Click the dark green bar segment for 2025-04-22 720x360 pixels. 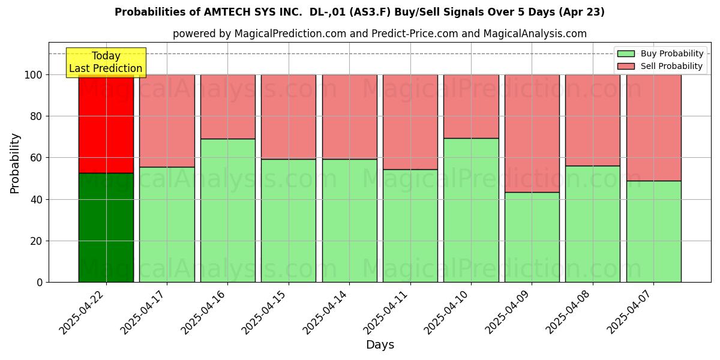tap(106, 227)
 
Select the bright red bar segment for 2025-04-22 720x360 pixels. tap(106, 124)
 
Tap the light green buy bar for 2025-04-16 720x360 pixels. tap(227, 210)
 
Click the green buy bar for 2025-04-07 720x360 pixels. tap(653, 231)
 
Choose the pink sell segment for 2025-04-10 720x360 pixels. tap(471, 106)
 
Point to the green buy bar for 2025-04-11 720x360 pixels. tap(410, 226)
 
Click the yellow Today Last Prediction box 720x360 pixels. tap(106, 62)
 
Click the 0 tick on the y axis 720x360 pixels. tap(40, 282)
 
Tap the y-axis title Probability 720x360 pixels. tap(15, 163)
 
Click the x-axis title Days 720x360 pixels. tap(380, 345)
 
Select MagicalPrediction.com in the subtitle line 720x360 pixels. tap(290, 34)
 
